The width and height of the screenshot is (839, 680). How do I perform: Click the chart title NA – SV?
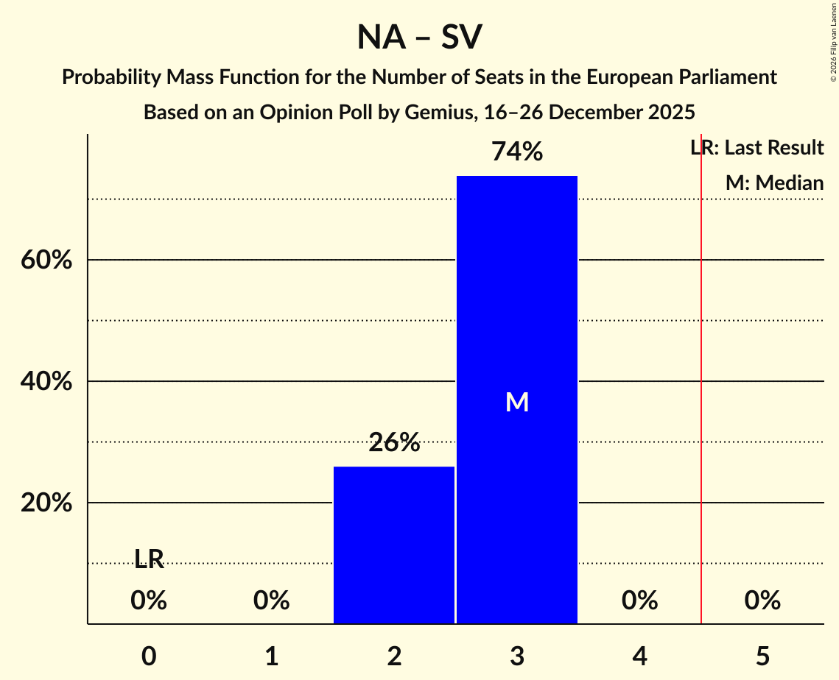pos(419,37)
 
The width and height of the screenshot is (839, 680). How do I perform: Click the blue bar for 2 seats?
pos(394,545)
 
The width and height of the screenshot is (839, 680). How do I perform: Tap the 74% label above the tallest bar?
pos(517,152)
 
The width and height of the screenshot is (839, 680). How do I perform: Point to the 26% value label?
pos(394,443)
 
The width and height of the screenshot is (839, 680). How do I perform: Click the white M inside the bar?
pos(517,402)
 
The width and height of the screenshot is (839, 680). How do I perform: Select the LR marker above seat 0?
pos(149,559)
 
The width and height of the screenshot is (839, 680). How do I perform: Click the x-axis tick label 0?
pos(149,656)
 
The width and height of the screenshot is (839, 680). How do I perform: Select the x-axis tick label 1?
pos(272,656)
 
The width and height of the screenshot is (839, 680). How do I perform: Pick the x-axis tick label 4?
pos(639,656)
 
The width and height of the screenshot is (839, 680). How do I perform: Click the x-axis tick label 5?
pos(762,656)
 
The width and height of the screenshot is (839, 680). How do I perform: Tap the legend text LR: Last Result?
pos(757,148)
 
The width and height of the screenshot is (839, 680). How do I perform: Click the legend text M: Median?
pos(774,183)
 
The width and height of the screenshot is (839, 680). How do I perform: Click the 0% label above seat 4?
pos(639,601)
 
